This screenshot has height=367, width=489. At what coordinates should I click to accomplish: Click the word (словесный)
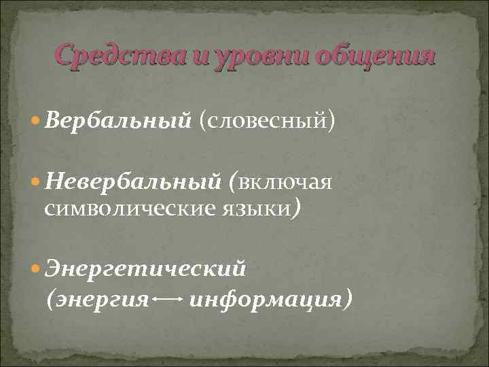click(267, 122)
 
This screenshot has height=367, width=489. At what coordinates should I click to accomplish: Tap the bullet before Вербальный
click(35, 122)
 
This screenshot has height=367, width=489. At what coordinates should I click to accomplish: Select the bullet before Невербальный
click(35, 182)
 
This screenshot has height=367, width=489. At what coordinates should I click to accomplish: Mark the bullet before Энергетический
click(35, 269)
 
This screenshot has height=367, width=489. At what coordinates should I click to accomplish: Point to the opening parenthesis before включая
click(233, 182)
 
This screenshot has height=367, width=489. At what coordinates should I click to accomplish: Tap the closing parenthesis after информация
click(348, 298)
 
